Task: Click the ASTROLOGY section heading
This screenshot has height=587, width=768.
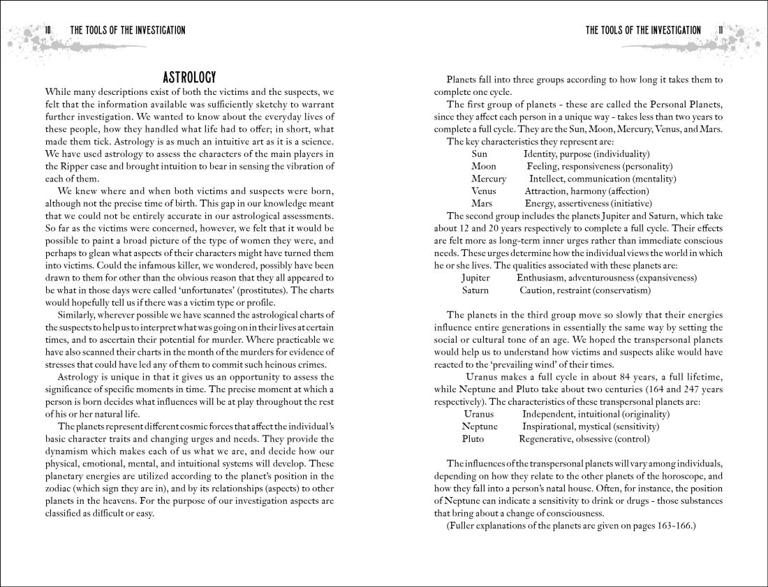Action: pyautogui.click(x=189, y=77)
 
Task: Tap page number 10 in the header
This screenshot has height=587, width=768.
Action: pyautogui.click(x=47, y=30)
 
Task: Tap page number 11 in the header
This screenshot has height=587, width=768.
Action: pyautogui.click(x=721, y=30)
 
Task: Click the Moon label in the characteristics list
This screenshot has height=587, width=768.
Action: pyautogui.click(x=484, y=166)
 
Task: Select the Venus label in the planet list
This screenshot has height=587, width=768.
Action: pyautogui.click(x=484, y=191)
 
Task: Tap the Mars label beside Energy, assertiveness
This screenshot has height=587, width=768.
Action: pyautogui.click(x=482, y=204)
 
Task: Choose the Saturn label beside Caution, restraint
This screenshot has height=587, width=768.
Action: pyautogui.click(x=475, y=290)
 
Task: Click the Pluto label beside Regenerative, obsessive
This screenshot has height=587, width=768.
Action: pyautogui.click(x=473, y=439)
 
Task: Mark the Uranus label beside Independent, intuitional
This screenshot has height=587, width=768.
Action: pyautogui.click(x=478, y=414)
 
